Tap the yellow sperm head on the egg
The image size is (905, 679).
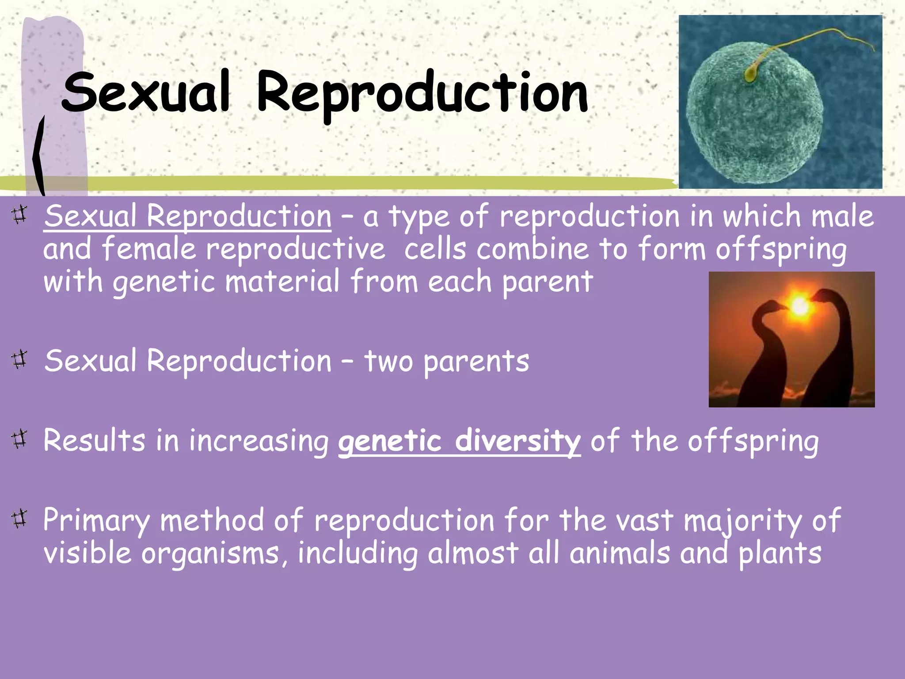pos(750,74)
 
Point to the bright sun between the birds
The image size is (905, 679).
pos(799,306)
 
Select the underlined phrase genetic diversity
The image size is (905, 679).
pos(459,441)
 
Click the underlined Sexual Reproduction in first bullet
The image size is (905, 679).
pos(187,216)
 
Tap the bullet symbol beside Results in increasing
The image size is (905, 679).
pos(19,439)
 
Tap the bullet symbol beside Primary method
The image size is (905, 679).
pos(19,518)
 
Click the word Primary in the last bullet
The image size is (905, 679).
pos(96,521)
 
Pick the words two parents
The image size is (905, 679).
pos(446,361)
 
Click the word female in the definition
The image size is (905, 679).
pos(149,249)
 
